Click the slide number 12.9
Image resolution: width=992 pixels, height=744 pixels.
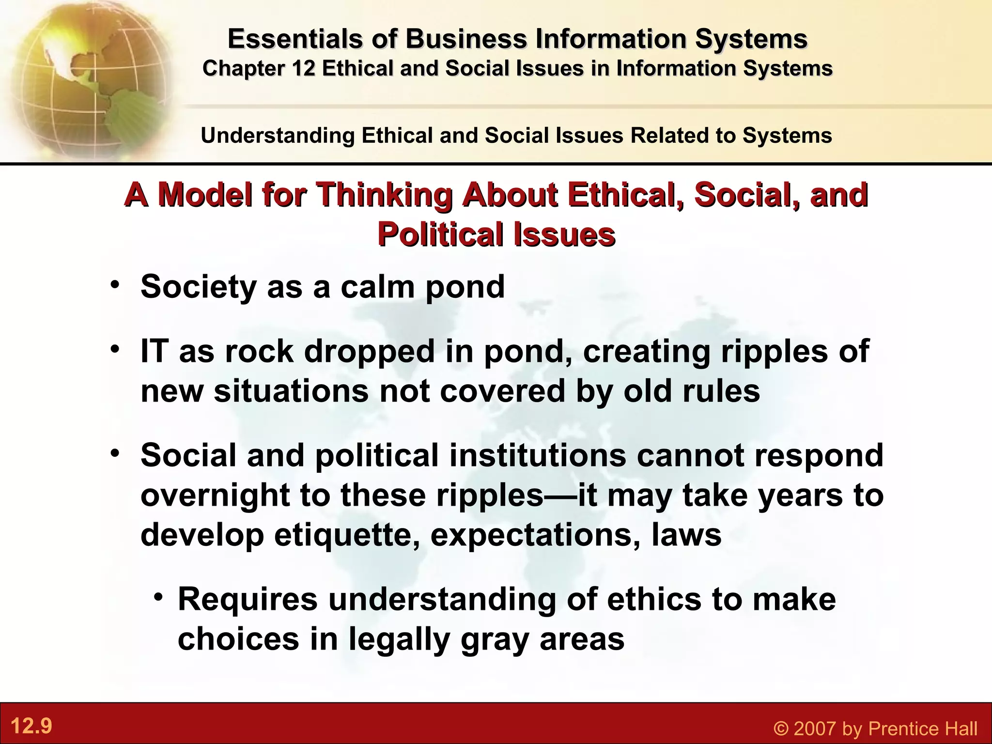pyautogui.click(x=31, y=726)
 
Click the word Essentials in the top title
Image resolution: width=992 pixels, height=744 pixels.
pyautogui.click(x=294, y=39)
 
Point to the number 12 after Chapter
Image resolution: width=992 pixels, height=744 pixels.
pyautogui.click(x=304, y=68)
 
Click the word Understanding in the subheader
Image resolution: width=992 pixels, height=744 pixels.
pyautogui.click(x=278, y=135)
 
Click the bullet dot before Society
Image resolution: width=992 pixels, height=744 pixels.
pyautogui.click(x=114, y=285)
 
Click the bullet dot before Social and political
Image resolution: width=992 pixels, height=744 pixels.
pyautogui.click(x=114, y=453)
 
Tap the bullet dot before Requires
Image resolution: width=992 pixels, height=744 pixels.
pyautogui.click(x=158, y=597)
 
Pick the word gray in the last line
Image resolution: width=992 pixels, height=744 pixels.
pyautogui.click(x=495, y=639)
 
